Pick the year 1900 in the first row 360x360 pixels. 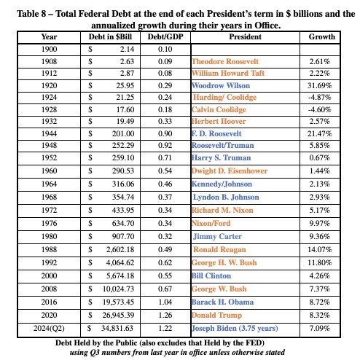(x=50, y=48)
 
